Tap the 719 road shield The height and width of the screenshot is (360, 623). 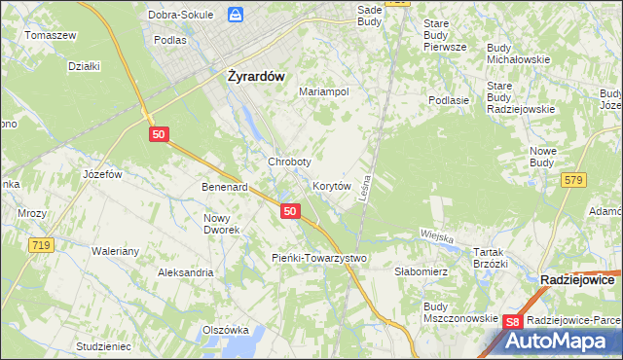pos(40,246)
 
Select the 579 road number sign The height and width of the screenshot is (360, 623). pos(573,179)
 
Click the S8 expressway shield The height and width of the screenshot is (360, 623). pos(514,320)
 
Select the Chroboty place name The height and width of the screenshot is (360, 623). pos(289,162)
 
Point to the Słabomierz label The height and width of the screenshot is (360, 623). pos(421,272)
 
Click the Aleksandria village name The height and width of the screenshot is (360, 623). pos(185,273)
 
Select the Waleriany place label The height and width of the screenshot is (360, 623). pos(117,250)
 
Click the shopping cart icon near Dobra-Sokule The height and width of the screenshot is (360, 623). pos(235,15)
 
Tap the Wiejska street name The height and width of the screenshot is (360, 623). pos(438,234)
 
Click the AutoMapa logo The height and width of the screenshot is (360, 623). pos(562,341)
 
